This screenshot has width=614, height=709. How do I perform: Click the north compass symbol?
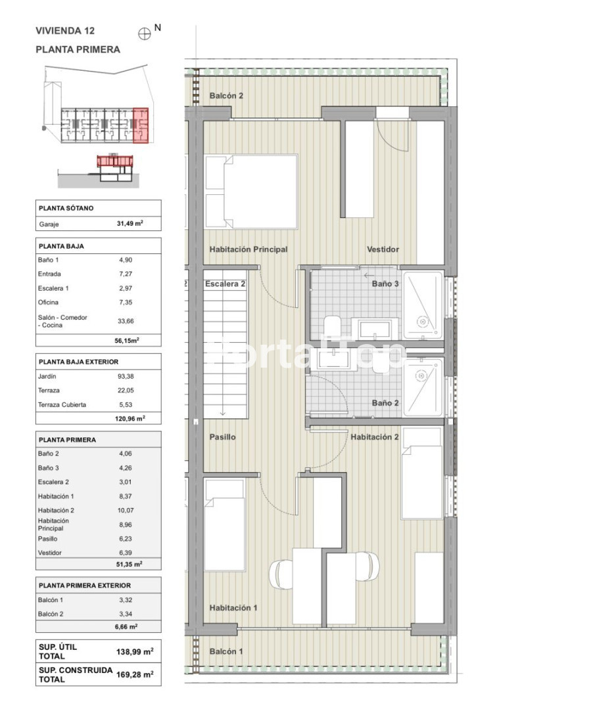pos(145,34)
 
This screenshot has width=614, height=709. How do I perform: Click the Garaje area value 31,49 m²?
pos(130,223)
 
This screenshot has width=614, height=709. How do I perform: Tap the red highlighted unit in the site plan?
pos(141,125)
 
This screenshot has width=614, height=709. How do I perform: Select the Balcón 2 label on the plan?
pos(226,96)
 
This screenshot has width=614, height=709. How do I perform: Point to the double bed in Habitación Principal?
pos(251,192)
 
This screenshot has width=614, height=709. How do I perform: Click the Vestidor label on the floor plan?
pos(383,249)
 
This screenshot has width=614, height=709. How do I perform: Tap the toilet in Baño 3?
pos(333,326)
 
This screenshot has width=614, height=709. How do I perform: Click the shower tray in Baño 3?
pos(423,305)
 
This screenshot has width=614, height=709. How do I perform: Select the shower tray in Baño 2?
pos(423,387)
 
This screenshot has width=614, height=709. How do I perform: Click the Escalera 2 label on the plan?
pos(225,284)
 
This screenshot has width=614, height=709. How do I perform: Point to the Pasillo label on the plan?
pos(222,437)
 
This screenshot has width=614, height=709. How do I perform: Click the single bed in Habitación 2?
pos(422,473)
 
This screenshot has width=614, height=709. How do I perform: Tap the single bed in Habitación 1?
pos(225,525)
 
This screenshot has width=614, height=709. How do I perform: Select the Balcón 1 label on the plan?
pos(226,652)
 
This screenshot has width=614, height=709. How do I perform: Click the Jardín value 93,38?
pos(126,376)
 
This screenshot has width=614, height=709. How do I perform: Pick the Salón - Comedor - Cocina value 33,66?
pos(126,321)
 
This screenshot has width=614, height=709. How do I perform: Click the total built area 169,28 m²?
pos(135,674)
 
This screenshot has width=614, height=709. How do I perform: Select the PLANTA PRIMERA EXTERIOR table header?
pos(85,586)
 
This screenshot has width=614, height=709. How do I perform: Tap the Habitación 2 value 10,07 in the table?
pos(126,511)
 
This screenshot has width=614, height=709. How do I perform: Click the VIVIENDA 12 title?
pos(65,31)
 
